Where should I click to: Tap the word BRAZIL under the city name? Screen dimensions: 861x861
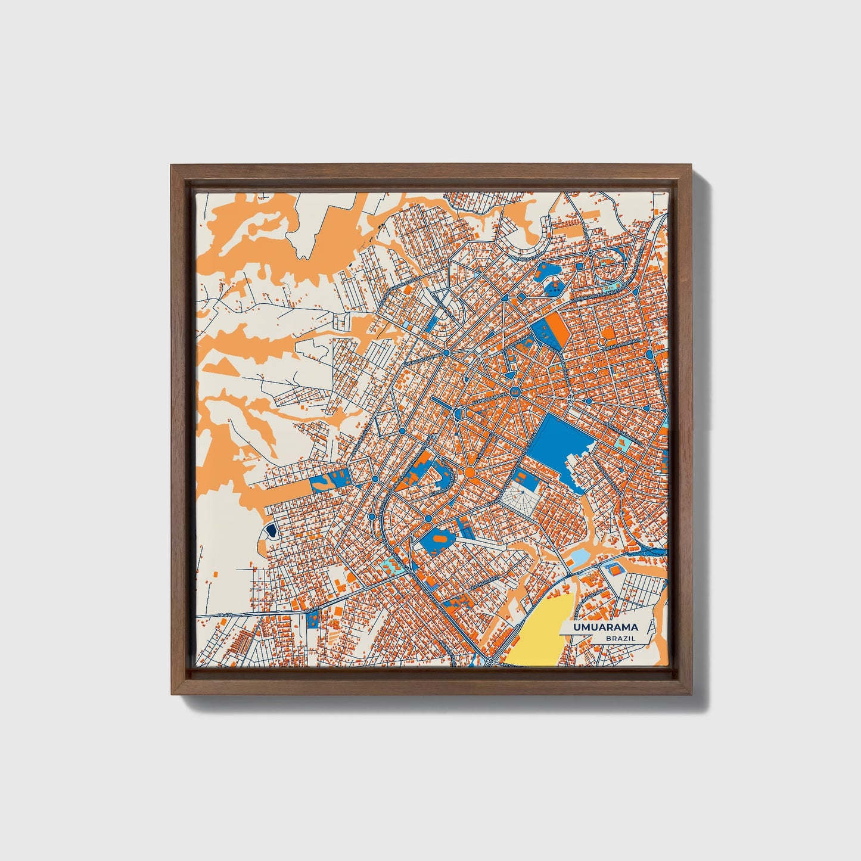pyautogui.click(x=620, y=639)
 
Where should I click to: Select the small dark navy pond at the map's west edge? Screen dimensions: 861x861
pyautogui.click(x=271, y=530)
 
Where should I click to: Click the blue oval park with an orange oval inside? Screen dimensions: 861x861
pyautogui.click(x=438, y=540)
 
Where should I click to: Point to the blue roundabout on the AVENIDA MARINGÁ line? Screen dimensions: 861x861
pyautogui.click(x=649, y=354)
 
